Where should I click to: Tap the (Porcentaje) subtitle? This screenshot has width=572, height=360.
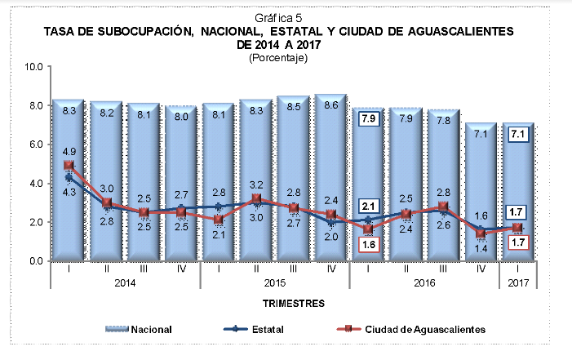pyautogui.click(x=277, y=57)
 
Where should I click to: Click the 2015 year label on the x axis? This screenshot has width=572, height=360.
pyautogui.click(x=275, y=282)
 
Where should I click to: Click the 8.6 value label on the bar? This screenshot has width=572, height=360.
pyautogui.click(x=331, y=105)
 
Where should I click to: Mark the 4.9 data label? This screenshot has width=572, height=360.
pyautogui.click(x=69, y=151)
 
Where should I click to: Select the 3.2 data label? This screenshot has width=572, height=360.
pyautogui.click(x=256, y=184)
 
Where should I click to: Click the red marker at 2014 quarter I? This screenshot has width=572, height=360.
pyautogui.click(x=69, y=166)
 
